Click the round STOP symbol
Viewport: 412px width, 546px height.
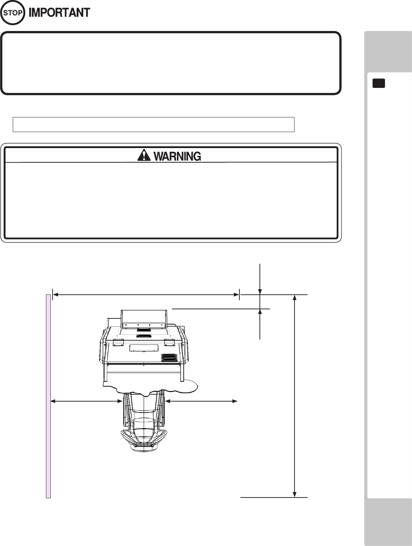point(13,13)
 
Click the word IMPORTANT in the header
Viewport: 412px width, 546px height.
point(59,13)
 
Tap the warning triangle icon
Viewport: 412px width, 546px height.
point(144,155)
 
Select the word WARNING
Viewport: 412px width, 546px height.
point(177,156)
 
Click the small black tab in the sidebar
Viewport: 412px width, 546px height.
point(379,83)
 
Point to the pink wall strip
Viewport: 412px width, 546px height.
point(48,396)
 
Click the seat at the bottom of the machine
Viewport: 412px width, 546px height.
point(144,440)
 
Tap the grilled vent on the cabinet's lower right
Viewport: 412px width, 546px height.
point(169,358)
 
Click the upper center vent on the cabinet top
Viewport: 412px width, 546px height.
point(144,330)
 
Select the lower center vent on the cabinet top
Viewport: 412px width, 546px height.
point(144,336)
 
